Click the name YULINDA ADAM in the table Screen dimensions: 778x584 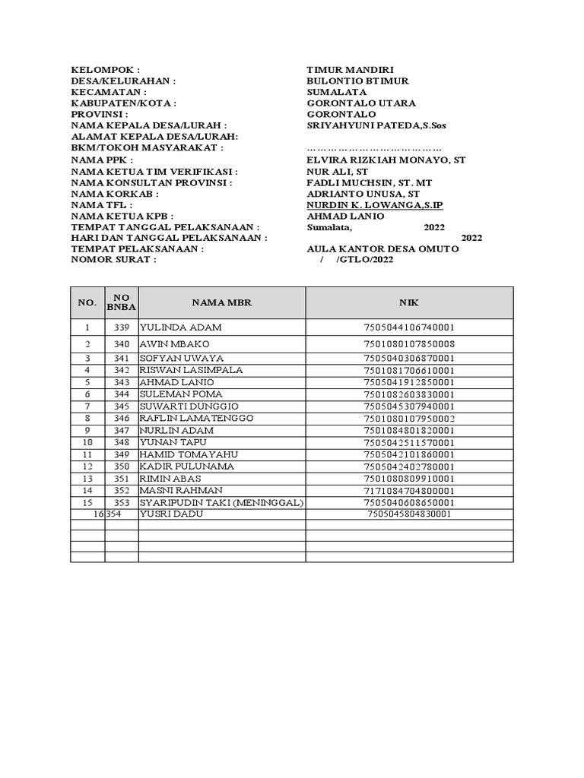coord(181,327)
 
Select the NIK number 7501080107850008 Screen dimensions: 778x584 coord(409,344)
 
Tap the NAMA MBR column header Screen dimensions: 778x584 coord(221,302)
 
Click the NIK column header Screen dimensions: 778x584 coord(409,302)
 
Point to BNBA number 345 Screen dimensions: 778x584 coord(122,406)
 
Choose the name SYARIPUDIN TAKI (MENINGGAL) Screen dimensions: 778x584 coord(221,502)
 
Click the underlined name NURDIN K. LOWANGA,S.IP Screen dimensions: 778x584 coord(374,205)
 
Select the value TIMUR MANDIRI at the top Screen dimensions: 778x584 coord(350,69)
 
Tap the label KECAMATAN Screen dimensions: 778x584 coord(108,92)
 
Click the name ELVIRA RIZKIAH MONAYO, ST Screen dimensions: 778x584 coord(386,160)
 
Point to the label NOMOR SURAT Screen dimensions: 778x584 coord(113,260)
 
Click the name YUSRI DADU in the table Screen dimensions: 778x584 coord(171,514)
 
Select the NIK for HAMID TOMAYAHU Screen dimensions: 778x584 coord(409,454)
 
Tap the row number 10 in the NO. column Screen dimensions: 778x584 coord(87,442)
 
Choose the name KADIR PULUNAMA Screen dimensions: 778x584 coord(186,466)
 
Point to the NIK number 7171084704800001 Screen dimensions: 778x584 coord(409,491)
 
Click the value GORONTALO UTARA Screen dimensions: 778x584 coord(360,103)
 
